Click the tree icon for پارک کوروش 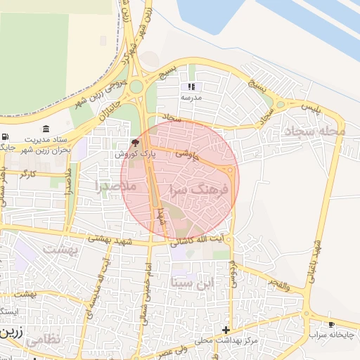coord(136,143)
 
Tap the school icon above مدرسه coord(191,87)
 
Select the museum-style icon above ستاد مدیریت coord(46,129)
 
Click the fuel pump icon coord(6,136)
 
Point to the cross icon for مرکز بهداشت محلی coord(226,330)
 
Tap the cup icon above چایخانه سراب coord(331,325)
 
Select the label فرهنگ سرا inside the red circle coord(200,190)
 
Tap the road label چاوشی coord(188,155)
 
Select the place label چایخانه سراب coord(332,336)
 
